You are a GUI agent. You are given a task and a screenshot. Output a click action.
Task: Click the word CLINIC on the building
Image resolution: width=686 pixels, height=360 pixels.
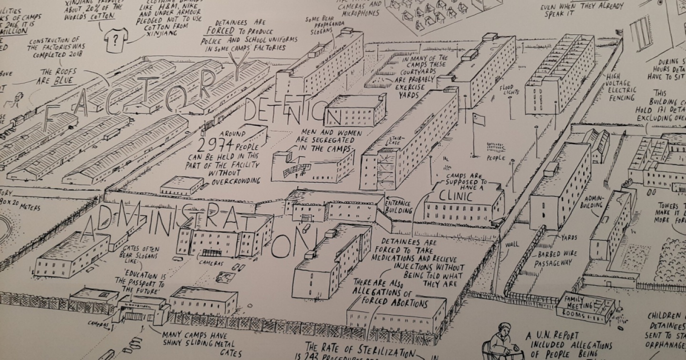(x=456, y=196)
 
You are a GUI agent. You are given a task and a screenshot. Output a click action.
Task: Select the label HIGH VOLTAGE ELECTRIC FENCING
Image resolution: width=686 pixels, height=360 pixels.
(x=621, y=87)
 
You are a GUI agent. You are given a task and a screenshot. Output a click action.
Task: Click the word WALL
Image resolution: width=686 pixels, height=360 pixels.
(x=512, y=245)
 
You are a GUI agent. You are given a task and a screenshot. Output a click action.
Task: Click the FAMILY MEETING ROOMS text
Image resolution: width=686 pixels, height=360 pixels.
(x=579, y=306)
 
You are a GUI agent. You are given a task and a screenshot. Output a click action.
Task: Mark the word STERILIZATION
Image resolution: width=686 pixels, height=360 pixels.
(x=382, y=353)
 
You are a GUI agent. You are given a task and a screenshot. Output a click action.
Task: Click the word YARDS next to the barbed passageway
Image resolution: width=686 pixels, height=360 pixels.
(x=569, y=237)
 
